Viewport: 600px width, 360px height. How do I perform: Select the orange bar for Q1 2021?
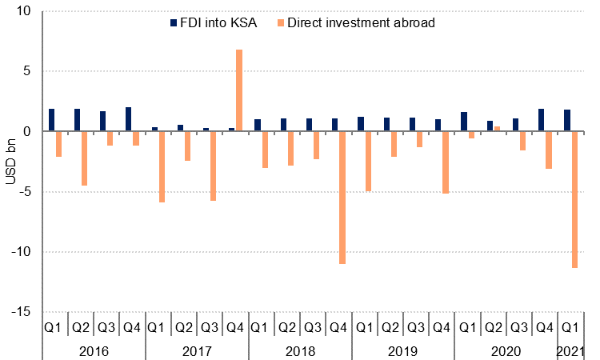tap(574, 199)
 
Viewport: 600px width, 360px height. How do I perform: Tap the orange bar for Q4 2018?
tap(342, 197)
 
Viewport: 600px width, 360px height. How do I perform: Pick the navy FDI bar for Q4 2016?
tap(129, 119)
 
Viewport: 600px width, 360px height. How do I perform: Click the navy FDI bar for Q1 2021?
tap(567, 120)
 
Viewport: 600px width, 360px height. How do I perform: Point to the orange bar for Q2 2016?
tap(84, 158)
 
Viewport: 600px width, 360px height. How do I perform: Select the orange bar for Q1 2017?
tap(162, 166)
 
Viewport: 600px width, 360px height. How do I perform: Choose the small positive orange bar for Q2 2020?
tap(497, 128)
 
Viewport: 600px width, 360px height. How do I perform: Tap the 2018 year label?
tap(300, 350)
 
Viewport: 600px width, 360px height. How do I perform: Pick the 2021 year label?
tap(570, 350)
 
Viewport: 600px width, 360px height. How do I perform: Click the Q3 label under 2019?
tap(415, 327)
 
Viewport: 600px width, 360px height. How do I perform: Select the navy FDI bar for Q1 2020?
tap(464, 122)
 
